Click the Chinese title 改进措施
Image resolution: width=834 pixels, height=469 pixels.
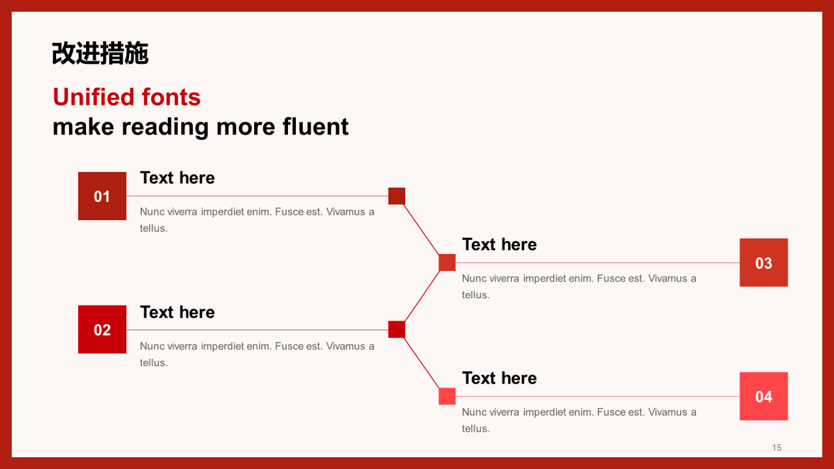[x=100, y=53]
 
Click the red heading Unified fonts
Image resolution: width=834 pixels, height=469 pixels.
[x=126, y=97]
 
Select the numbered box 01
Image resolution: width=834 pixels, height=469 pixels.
[x=102, y=196]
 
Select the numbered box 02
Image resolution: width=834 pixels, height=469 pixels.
[x=102, y=330]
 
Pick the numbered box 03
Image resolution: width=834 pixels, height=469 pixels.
[x=764, y=263]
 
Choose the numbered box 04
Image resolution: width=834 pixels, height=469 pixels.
[x=764, y=396]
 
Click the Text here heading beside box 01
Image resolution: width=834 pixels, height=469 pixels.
[x=177, y=178]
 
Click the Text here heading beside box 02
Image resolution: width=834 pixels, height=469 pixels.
[x=177, y=312]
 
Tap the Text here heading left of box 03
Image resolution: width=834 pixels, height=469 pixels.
[x=499, y=244]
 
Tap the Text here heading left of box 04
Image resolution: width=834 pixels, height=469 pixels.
[x=499, y=378]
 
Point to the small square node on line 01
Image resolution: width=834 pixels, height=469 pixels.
[x=397, y=196]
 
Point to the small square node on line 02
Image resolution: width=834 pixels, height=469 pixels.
[x=397, y=330]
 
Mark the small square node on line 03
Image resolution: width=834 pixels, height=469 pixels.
[x=447, y=263]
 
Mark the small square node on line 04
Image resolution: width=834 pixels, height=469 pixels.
[x=447, y=396]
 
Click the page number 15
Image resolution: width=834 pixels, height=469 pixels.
[x=777, y=448]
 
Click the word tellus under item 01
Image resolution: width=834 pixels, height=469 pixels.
[x=152, y=228]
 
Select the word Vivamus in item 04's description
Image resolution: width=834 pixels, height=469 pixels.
[x=668, y=412]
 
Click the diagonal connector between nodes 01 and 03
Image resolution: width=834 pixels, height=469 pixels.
[x=422, y=229]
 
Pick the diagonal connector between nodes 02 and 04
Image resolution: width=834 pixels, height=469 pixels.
[x=422, y=363]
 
